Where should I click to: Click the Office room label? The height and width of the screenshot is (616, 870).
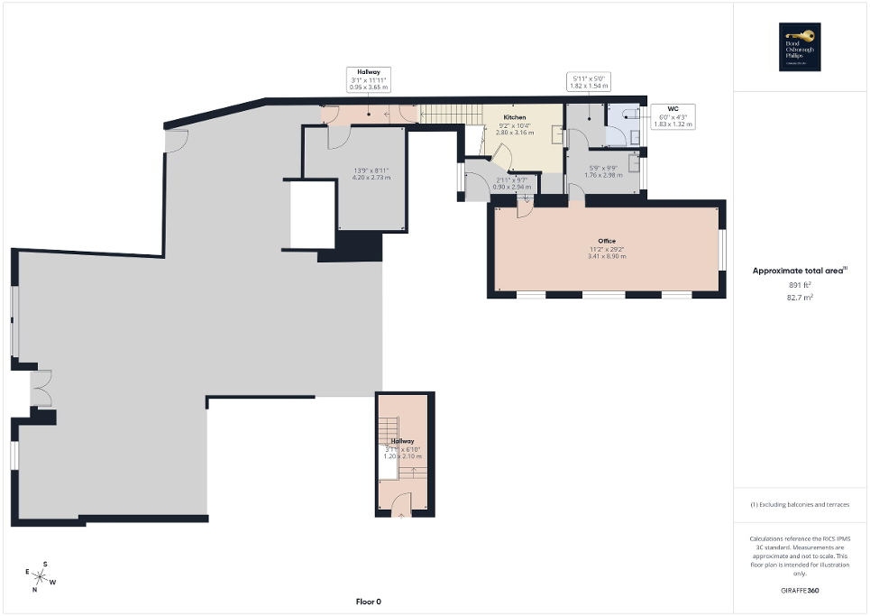(606, 242)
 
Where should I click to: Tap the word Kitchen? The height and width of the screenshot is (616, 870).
(515, 118)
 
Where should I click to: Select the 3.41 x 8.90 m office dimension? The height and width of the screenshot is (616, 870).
(606, 256)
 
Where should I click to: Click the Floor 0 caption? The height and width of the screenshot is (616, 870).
(369, 602)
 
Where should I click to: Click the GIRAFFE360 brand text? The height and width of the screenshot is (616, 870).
(801, 591)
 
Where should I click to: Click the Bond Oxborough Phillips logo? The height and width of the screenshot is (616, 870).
(801, 47)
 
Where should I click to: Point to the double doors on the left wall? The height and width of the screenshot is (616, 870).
(41, 389)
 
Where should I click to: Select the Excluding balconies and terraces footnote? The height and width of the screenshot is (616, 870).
(801, 504)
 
